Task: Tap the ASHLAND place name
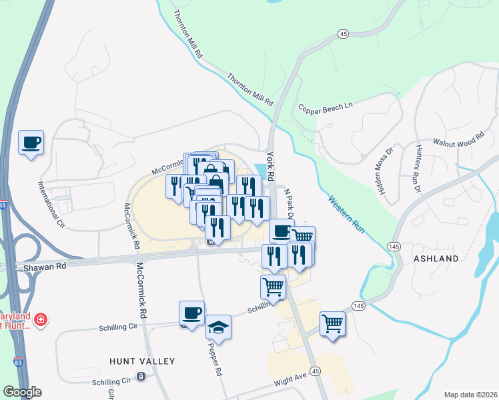coord(436,258)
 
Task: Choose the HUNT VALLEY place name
coord(142,361)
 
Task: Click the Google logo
coord(22,392)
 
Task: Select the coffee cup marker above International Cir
coord(31,143)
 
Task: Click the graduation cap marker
coord(218,327)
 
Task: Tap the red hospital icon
coord(41,320)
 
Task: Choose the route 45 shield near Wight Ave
coord(316,371)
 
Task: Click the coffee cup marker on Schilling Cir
coord(191,313)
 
